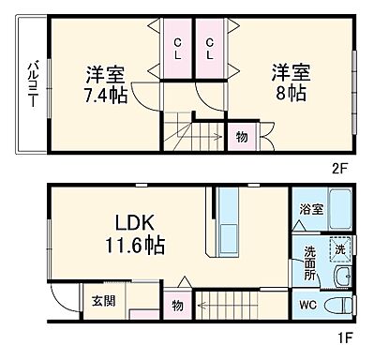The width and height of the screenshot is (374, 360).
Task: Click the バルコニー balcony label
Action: click(x=30, y=84)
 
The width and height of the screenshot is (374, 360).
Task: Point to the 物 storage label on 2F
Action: click(x=241, y=136)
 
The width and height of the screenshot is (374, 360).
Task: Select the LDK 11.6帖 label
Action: click(x=138, y=235)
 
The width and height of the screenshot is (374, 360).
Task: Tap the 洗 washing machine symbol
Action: click(x=343, y=249)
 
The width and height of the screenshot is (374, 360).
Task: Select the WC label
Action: click(x=307, y=304)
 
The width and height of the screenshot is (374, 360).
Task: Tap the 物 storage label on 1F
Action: click(x=177, y=306)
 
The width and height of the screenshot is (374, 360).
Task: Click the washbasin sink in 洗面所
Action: click(x=341, y=277)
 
